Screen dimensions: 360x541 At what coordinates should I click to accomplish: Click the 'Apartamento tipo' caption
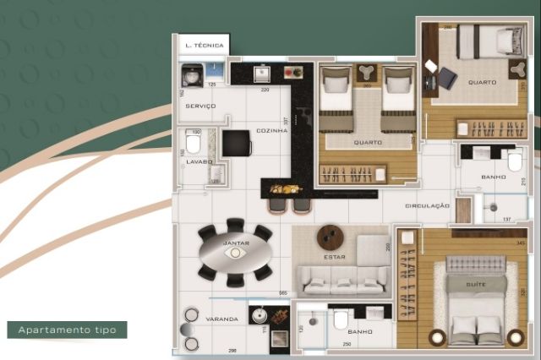pyautogui.click(x=66, y=330)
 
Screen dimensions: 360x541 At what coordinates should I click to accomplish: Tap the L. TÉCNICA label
pyautogui.click(x=204, y=45)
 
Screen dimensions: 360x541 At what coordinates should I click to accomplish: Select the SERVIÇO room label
pyautogui.click(x=199, y=106)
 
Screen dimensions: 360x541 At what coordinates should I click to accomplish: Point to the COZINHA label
pyautogui.click(x=274, y=131)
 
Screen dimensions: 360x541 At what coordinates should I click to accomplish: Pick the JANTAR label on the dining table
pyautogui.click(x=235, y=243)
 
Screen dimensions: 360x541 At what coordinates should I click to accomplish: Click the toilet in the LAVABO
pyautogui.click(x=193, y=143)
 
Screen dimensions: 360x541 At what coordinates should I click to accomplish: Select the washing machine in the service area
pyautogui.click(x=191, y=76)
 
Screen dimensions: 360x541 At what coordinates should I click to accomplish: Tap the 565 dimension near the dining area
pyautogui.click(x=283, y=293)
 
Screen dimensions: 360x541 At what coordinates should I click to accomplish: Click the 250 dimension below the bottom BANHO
pyautogui.click(x=347, y=344)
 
